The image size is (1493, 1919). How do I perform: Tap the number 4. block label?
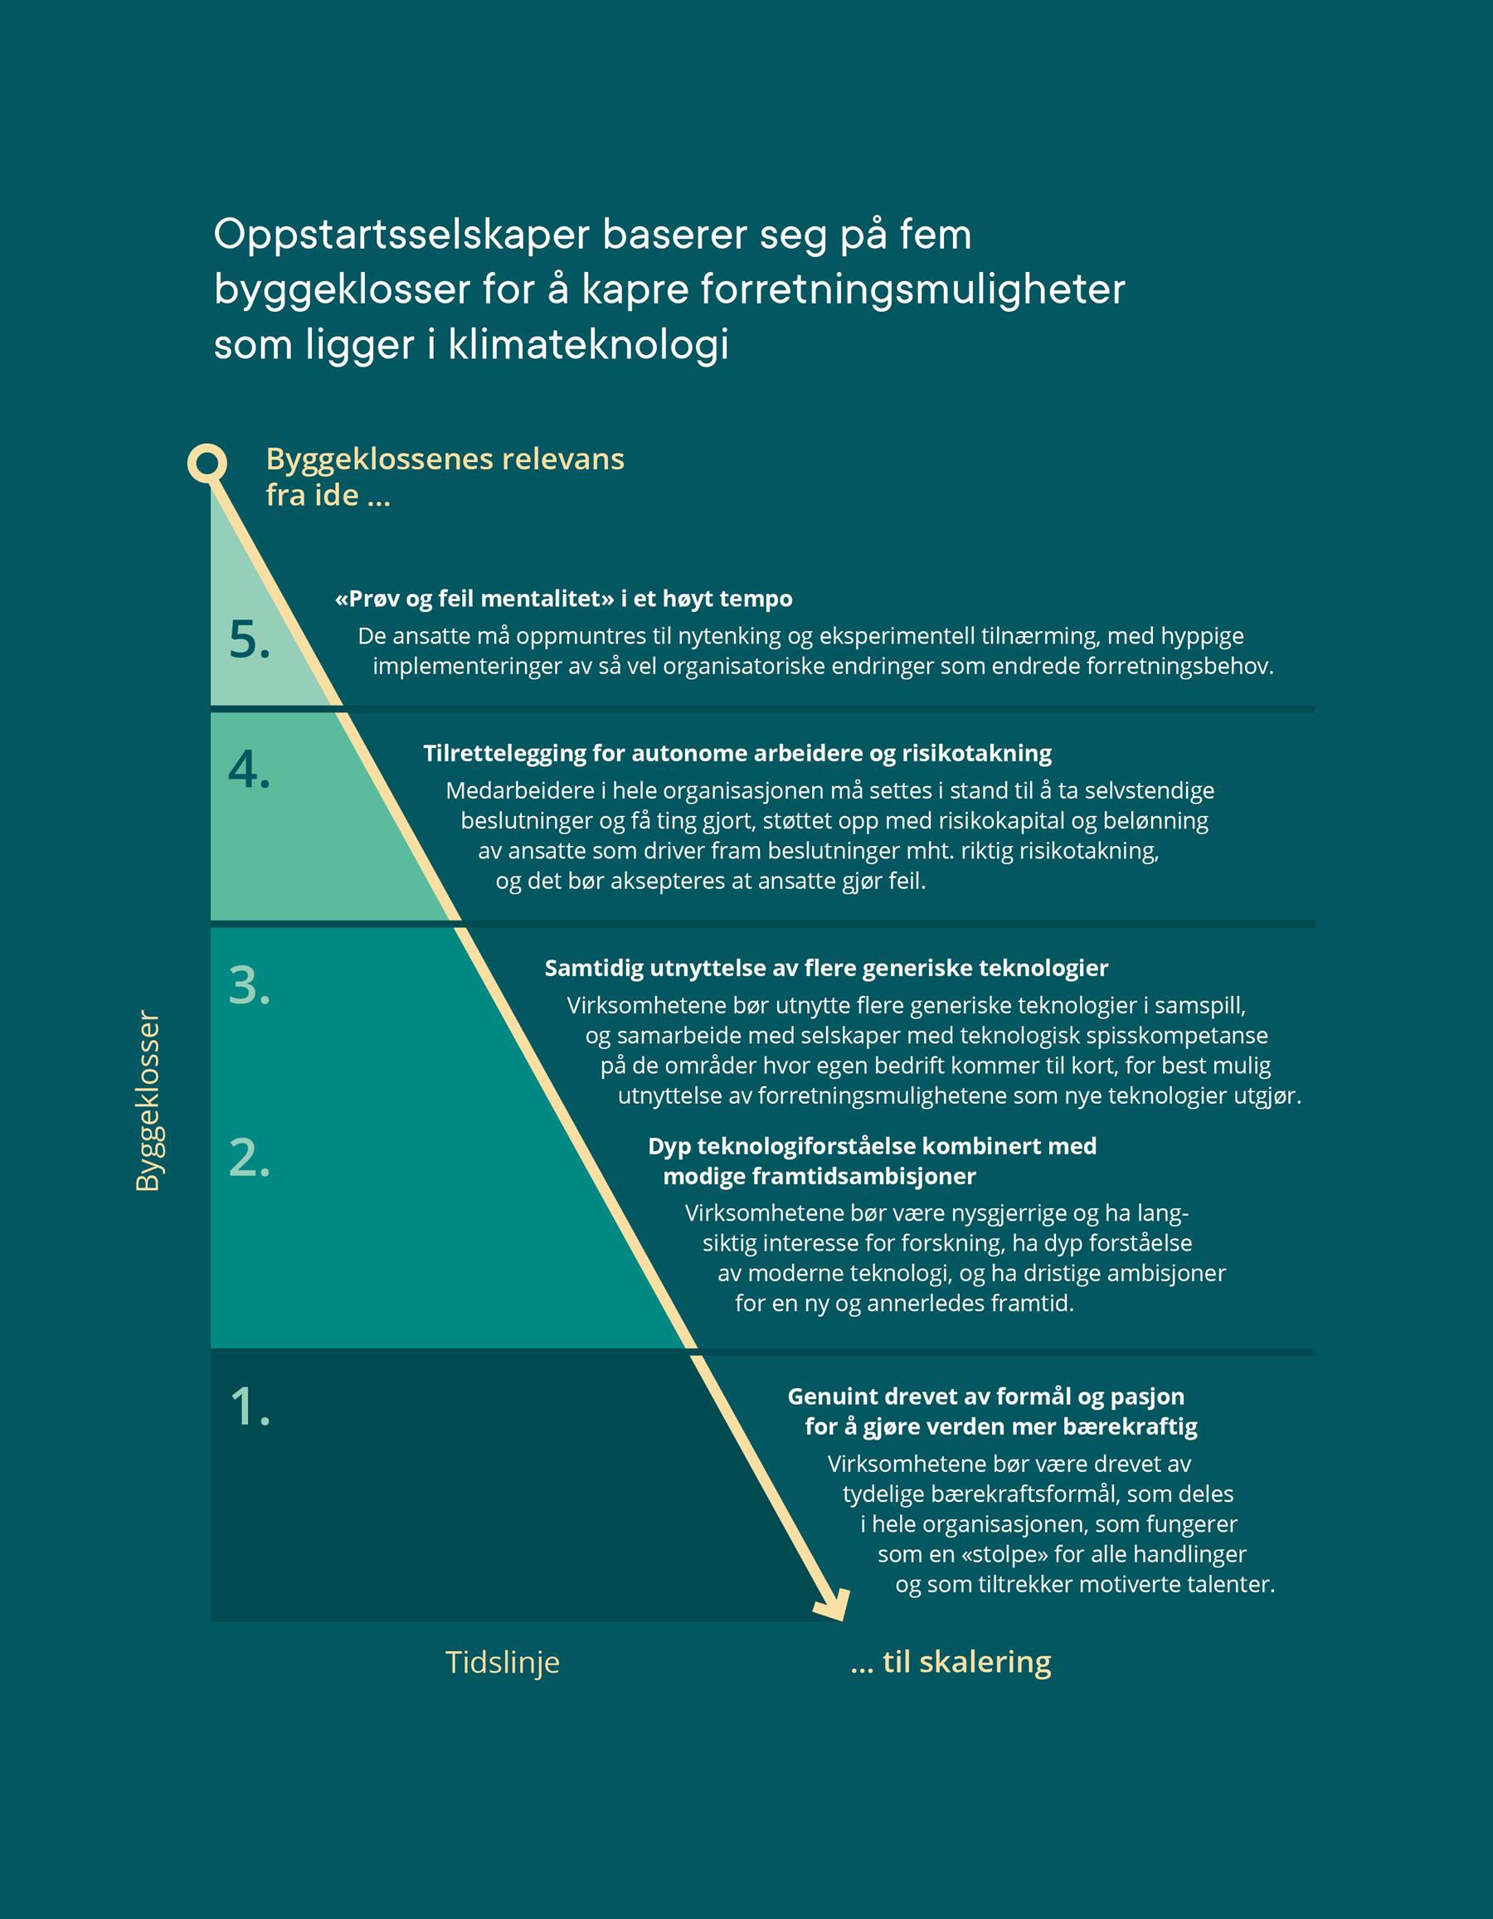pyautogui.click(x=249, y=770)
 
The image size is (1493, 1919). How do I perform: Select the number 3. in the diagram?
pyautogui.click(x=249, y=985)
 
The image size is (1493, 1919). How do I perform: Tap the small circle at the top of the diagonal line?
pyautogui.click(x=207, y=462)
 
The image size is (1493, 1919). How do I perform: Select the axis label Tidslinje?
pyautogui.click(x=502, y=1662)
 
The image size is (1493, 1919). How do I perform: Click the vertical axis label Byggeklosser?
pyautogui.click(x=148, y=1102)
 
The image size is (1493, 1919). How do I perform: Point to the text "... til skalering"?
pyautogui.click(x=951, y=1662)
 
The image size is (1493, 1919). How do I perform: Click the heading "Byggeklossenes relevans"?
pyautogui.click(x=445, y=459)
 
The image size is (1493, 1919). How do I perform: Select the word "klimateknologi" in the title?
pyautogui.click(x=589, y=344)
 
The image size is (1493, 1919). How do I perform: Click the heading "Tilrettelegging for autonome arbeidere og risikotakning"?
pyautogui.click(x=737, y=753)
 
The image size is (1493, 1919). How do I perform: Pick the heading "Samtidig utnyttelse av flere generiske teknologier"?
pyautogui.click(x=826, y=969)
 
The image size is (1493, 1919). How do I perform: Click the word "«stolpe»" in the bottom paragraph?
pyautogui.click(x=1004, y=1553)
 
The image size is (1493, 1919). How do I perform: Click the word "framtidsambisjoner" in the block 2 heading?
pyautogui.click(x=863, y=1176)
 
